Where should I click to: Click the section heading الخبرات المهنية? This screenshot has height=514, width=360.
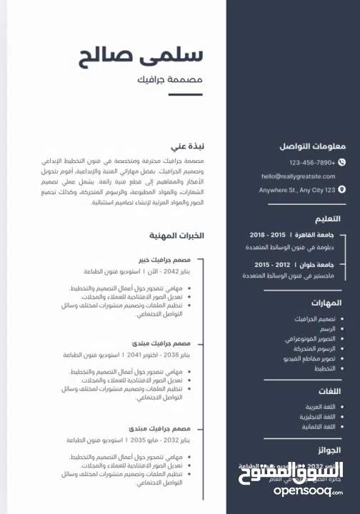click(176, 235)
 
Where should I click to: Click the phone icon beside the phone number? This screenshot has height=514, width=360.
click(341, 163)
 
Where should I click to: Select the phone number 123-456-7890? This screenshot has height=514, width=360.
click(312, 163)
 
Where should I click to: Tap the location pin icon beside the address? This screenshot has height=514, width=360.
click(341, 190)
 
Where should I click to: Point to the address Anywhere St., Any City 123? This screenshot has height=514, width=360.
click(296, 190)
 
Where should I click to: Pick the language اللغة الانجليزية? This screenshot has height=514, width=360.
click(316, 416)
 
